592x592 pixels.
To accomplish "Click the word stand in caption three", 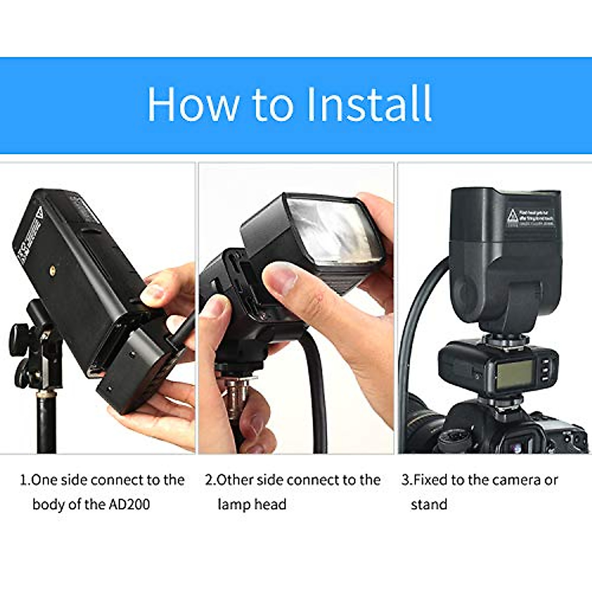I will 429,504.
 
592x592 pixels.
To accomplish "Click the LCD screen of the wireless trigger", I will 515,373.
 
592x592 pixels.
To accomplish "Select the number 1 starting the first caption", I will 23,480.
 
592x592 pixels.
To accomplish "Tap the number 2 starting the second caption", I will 209,480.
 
